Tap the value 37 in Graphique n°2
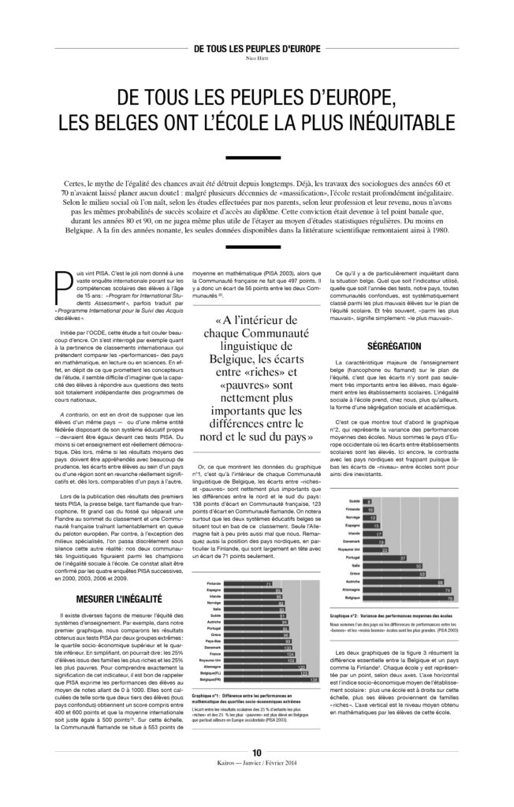(402, 557)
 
